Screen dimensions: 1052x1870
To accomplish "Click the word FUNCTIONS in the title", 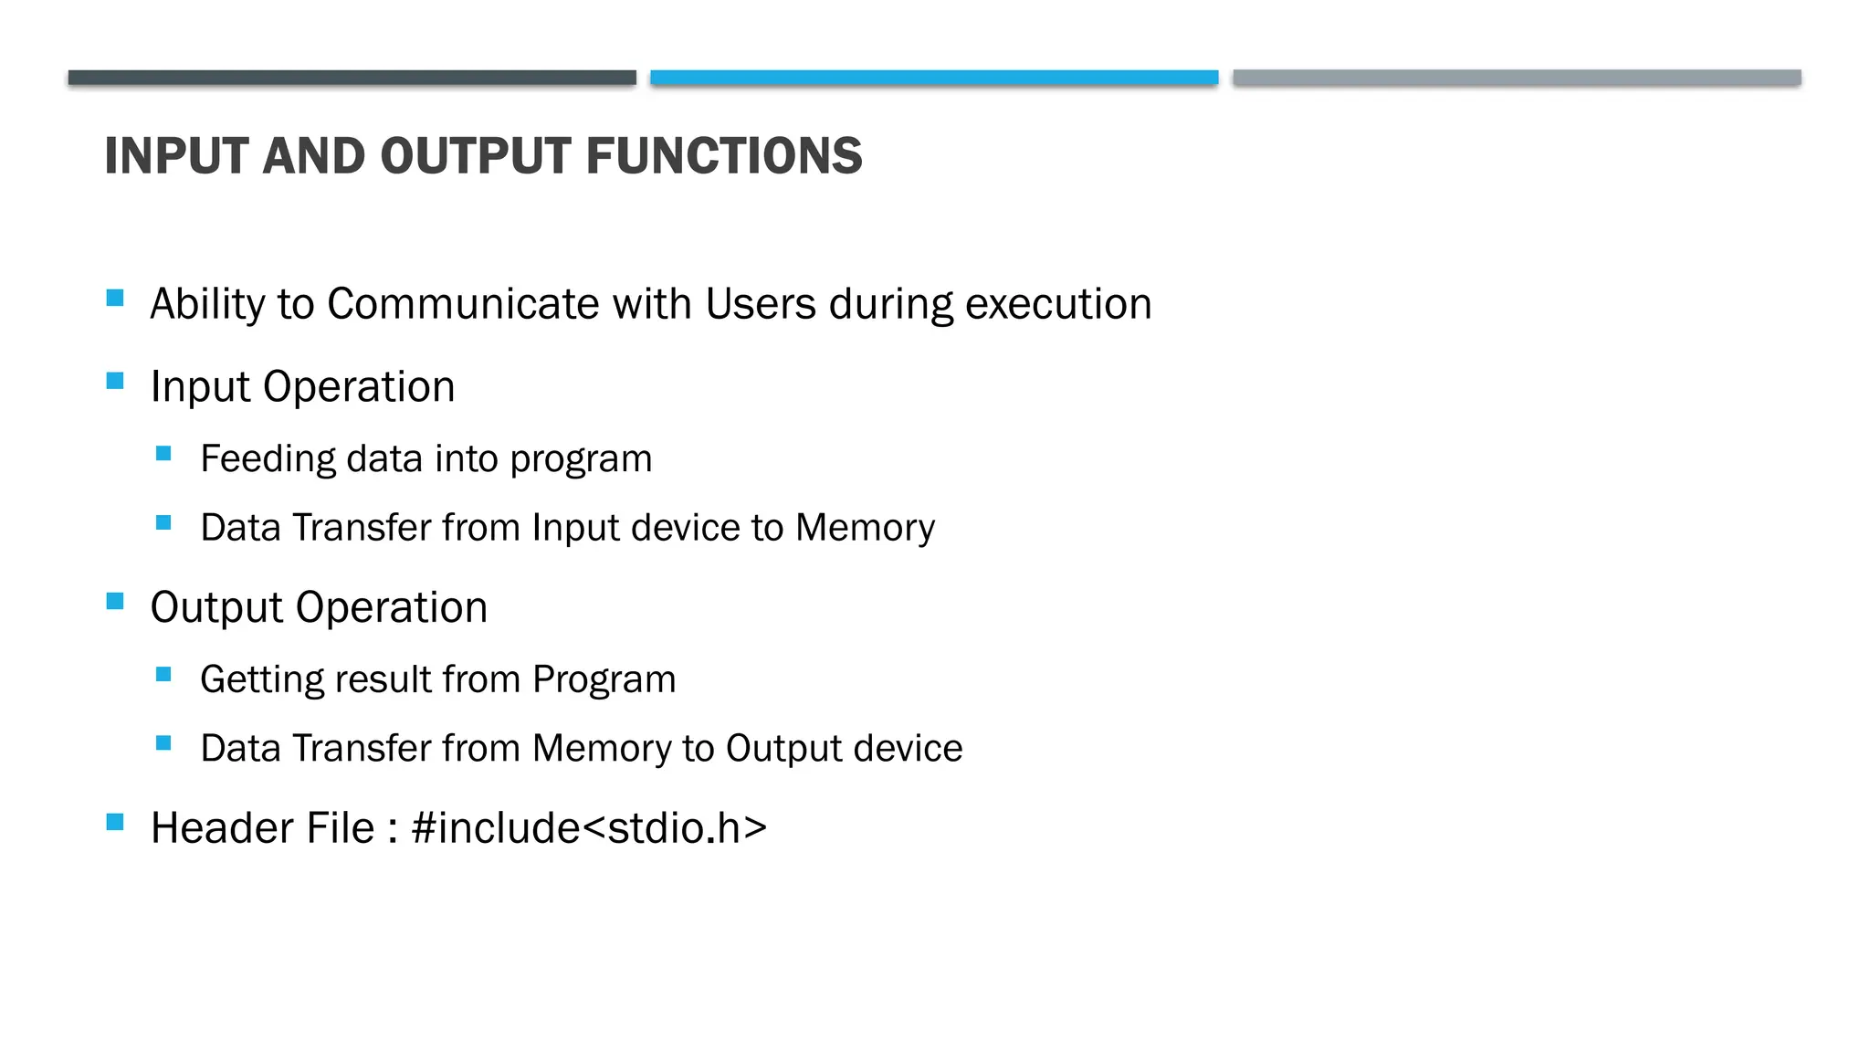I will pyautogui.click(x=724, y=156).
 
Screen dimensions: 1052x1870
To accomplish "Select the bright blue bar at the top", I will pyautogui.click(x=934, y=78).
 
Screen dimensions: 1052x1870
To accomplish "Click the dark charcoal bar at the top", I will pyautogui.click(x=352, y=78).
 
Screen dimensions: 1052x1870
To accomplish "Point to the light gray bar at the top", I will pyautogui.click(x=1517, y=78).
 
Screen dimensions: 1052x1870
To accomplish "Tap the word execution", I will pyautogui.click(x=1058, y=304).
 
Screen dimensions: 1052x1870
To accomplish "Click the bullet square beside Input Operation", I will pyautogui.click(x=115, y=381).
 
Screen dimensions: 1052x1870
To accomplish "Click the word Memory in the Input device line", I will pyautogui.click(x=865, y=528).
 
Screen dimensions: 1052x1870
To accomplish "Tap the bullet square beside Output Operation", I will pyautogui.click(x=115, y=601).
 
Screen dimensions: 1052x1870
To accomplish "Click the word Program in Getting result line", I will pyautogui.click(x=604, y=679).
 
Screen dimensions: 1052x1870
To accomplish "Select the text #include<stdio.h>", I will pyautogui.click(x=589, y=828).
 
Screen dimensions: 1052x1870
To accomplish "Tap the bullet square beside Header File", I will pyautogui.click(x=115, y=822).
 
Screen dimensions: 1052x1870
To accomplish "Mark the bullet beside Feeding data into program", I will pyautogui.click(x=164, y=454).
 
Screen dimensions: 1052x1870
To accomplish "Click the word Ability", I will pyautogui.click(x=207, y=304).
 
